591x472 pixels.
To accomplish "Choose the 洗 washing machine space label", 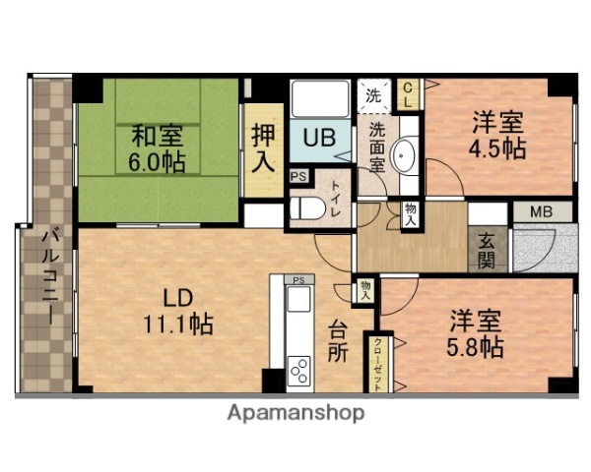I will (x=372, y=96).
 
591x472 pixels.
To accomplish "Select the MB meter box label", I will (x=541, y=211).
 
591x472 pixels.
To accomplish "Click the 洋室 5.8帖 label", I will (x=478, y=334).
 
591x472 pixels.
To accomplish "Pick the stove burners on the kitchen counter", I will (x=298, y=371).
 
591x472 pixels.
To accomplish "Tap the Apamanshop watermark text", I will (x=295, y=413).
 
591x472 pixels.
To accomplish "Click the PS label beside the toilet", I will (x=296, y=177).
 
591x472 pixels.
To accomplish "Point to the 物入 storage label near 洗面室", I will (x=408, y=213).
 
